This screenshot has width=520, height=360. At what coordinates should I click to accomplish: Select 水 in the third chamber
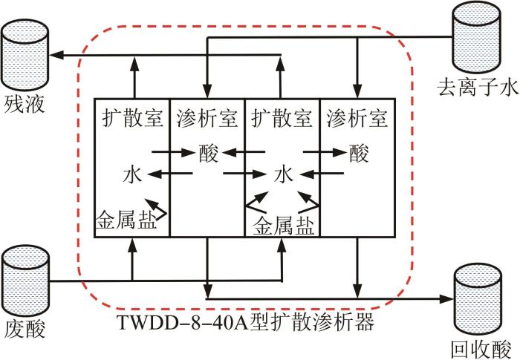[282, 175]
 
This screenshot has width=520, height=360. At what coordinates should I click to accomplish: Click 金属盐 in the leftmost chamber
[126, 220]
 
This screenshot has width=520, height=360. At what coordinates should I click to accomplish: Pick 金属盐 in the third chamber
[283, 223]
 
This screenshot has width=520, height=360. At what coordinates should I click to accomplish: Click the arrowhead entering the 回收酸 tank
[447, 298]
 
